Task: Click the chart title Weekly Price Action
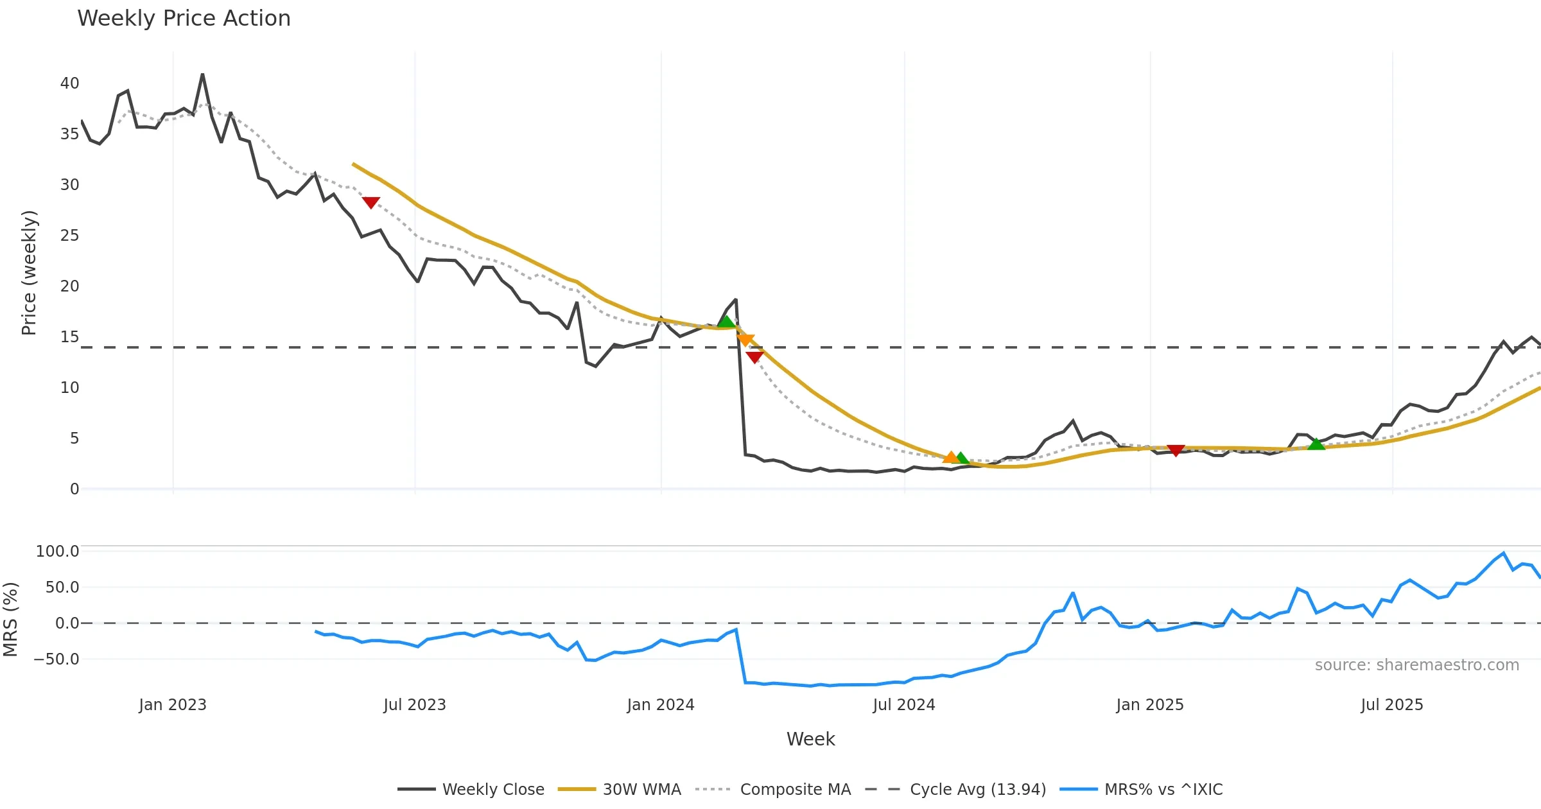click(184, 19)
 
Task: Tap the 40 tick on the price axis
click(69, 83)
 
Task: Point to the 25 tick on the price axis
click(69, 236)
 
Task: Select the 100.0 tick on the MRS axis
click(57, 552)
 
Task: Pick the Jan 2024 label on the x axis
click(661, 705)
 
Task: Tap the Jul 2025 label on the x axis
click(1391, 705)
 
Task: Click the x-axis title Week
click(810, 740)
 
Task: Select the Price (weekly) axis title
click(29, 273)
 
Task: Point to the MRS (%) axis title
click(10, 620)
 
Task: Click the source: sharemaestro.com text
click(1416, 665)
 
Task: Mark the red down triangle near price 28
click(371, 202)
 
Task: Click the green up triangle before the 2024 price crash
click(726, 321)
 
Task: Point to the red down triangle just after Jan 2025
click(1176, 451)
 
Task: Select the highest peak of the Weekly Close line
click(202, 74)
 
